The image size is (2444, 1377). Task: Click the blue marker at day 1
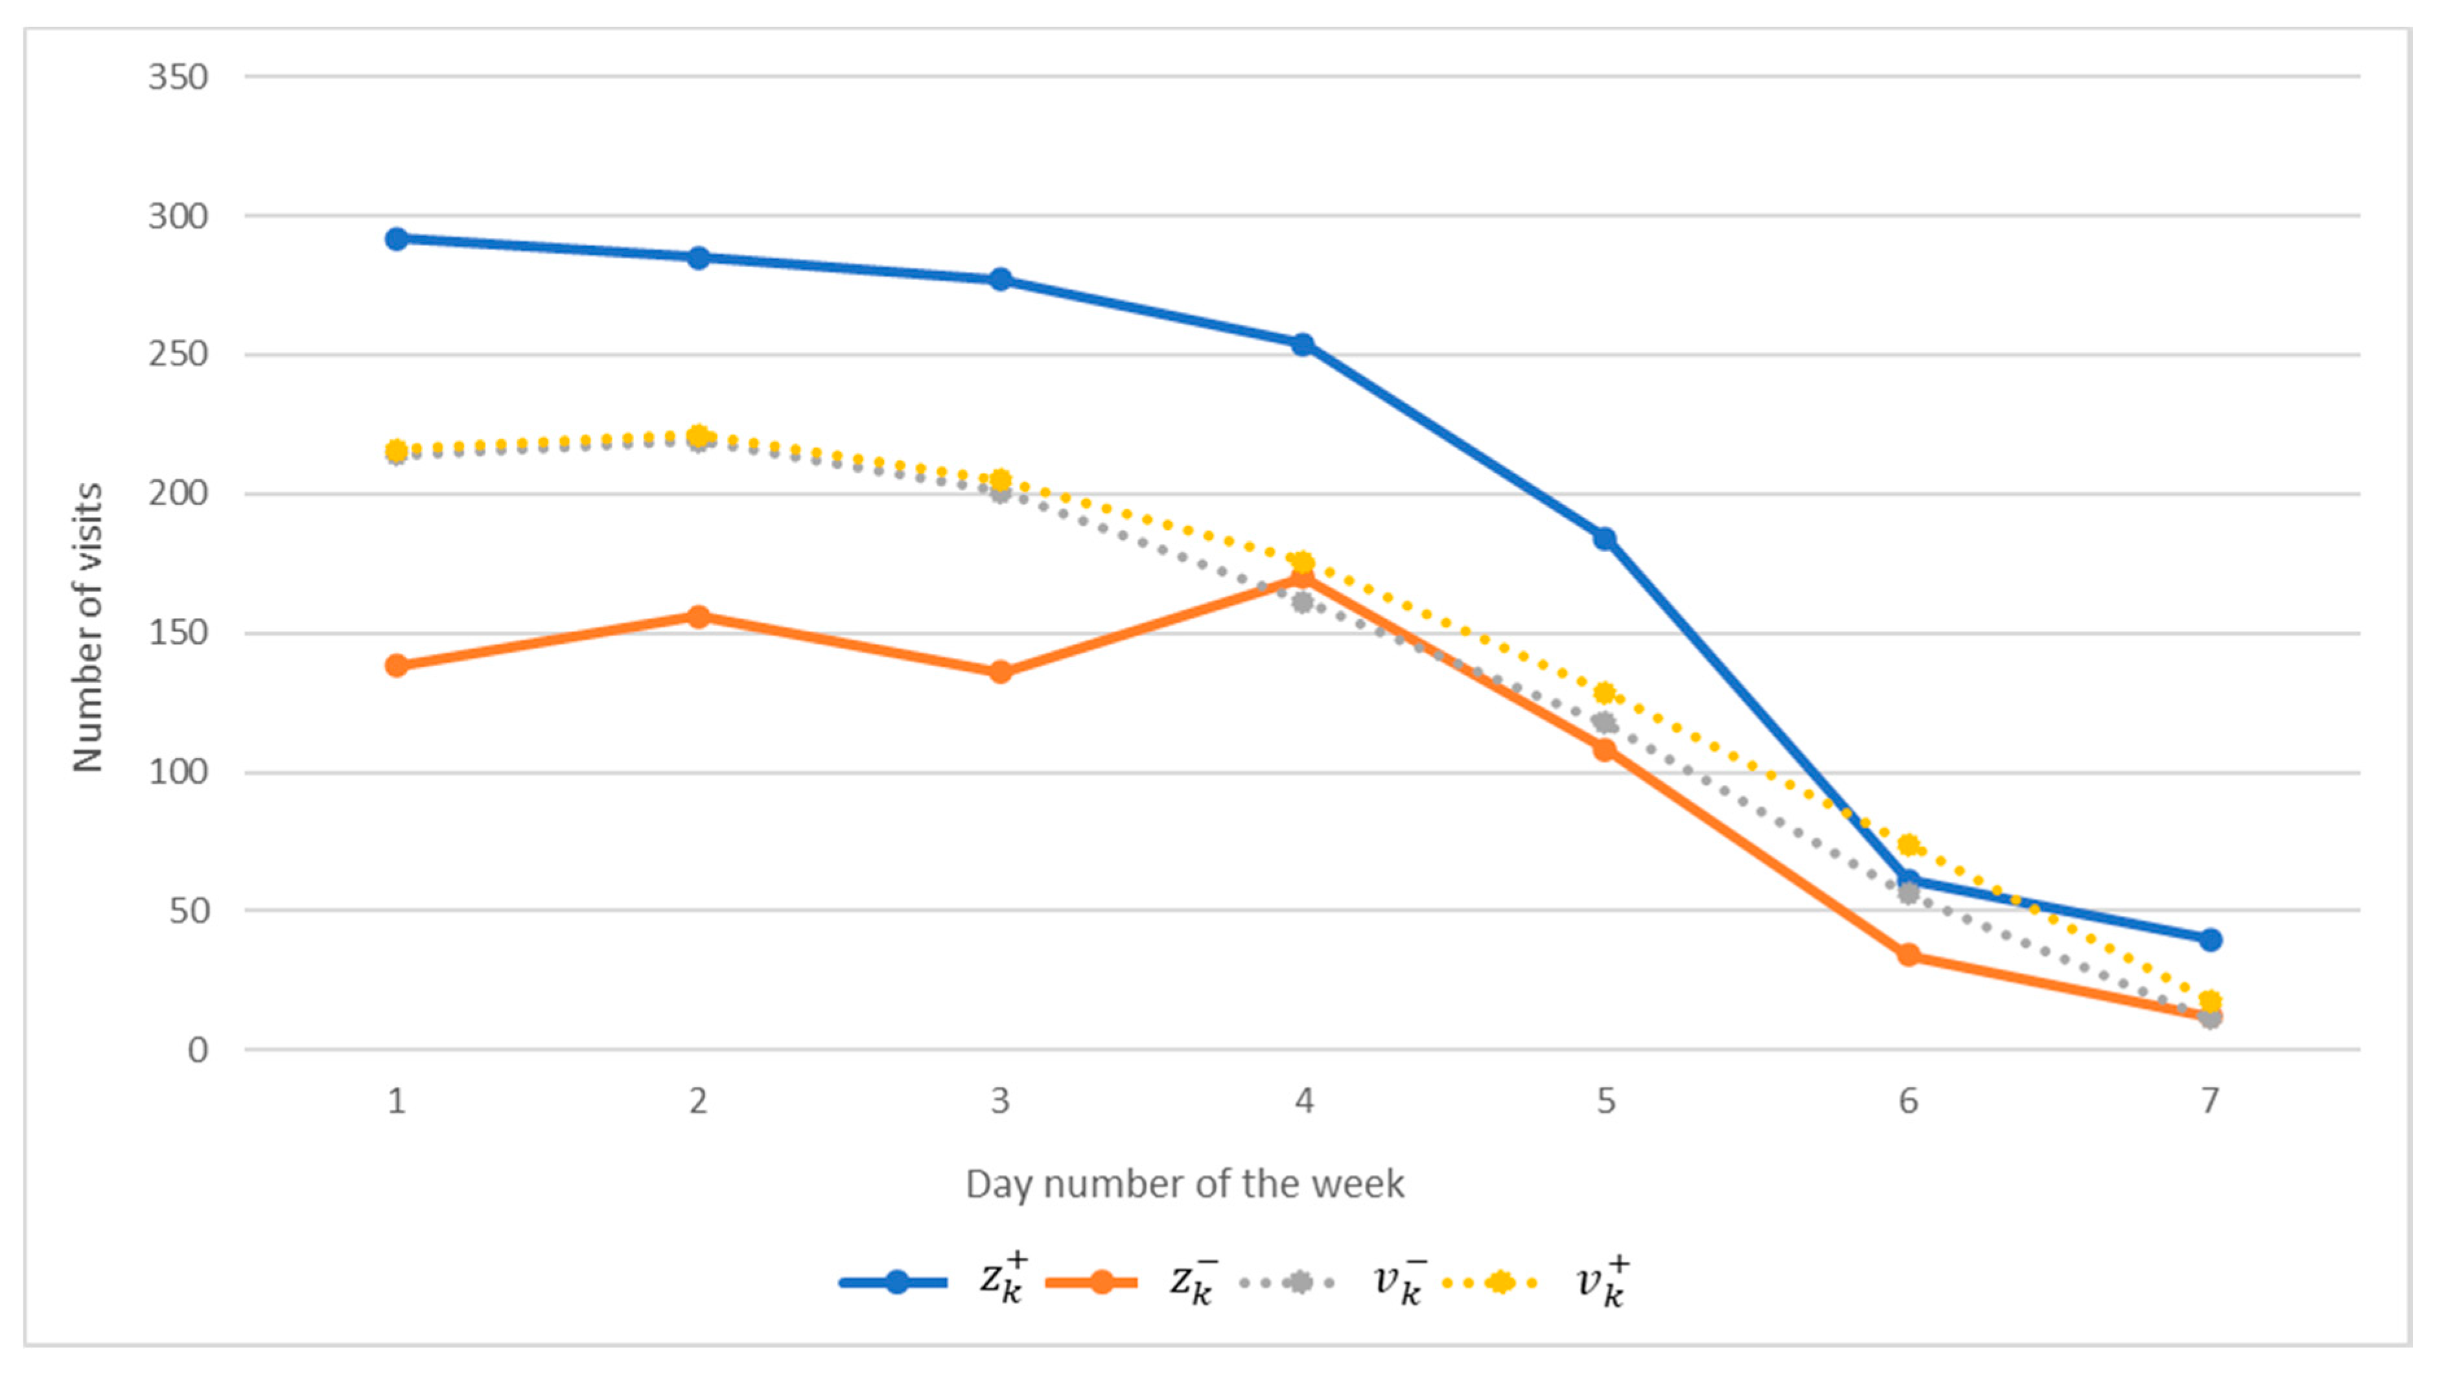(x=397, y=239)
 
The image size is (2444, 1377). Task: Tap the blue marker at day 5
(x=1604, y=539)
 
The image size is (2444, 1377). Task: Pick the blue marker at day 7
(x=2209, y=940)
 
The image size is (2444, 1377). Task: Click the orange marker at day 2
(x=698, y=617)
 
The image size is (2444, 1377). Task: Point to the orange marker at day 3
(x=1000, y=672)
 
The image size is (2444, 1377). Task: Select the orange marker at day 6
(x=1908, y=955)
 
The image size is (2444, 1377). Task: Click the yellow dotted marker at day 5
(x=1604, y=692)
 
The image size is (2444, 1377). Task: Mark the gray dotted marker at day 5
(x=1604, y=723)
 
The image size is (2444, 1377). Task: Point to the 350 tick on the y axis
(x=178, y=77)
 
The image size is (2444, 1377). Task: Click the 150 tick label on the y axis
(x=178, y=633)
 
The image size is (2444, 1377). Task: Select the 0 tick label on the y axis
(x=197, y=1050)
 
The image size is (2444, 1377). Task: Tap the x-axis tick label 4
(x=1303, y=1101)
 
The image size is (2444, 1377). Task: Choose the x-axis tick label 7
(x=2209, y=1101)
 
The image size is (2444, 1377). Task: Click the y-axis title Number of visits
(x=87, y=628)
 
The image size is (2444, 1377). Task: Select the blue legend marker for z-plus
(x=896, y=1282)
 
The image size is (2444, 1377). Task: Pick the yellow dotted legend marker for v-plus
(x=1500, y=1282)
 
